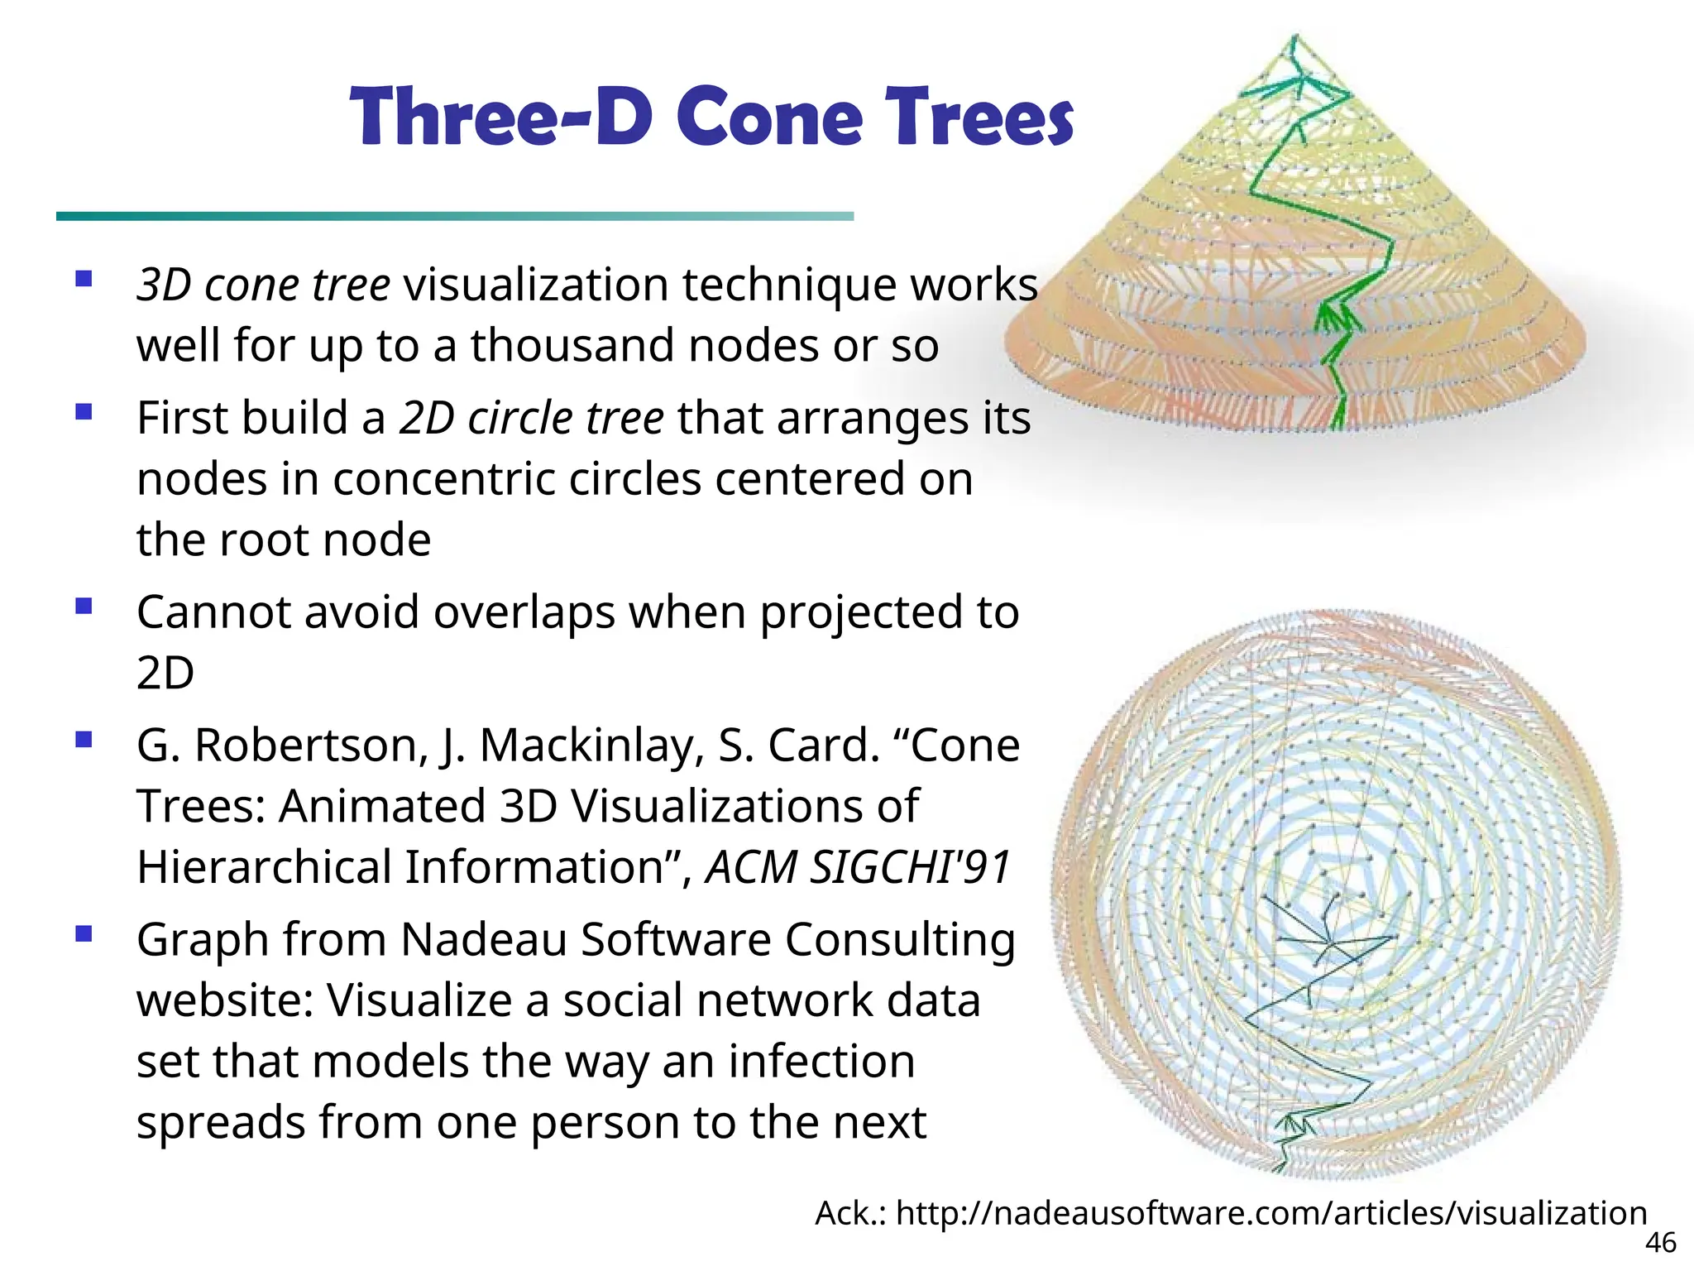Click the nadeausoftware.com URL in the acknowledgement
1271,1213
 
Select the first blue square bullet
84,279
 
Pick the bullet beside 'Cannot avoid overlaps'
84,607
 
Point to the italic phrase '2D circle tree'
531,418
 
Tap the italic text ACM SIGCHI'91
858,867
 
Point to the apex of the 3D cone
1294,37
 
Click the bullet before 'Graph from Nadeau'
84,934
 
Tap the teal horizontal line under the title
454,216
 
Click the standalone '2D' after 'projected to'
165,673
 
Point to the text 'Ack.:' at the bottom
851,1214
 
